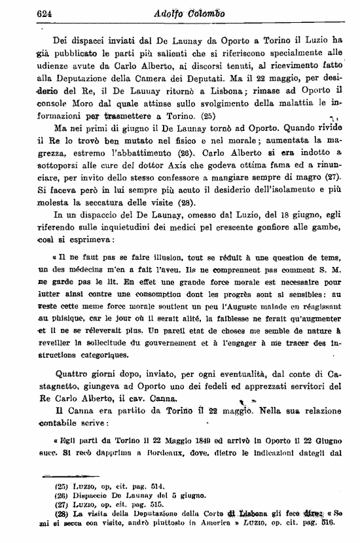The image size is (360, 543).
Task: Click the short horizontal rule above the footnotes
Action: [x=56, y=476]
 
